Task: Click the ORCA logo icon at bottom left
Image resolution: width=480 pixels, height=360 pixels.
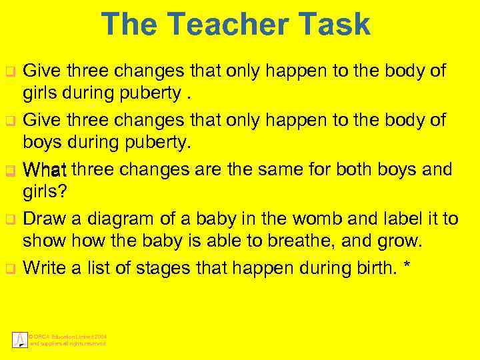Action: point(20,339)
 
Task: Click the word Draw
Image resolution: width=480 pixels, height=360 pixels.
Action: point(43,219)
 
